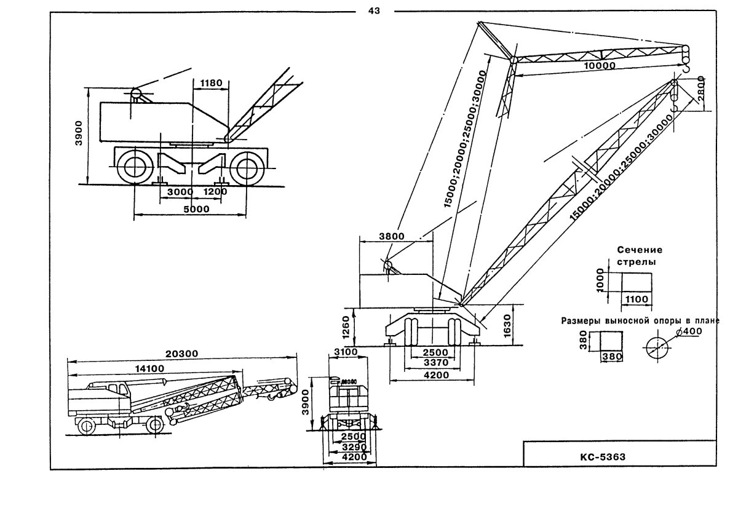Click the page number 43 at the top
coord(375,10)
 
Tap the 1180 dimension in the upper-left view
coord(209,82)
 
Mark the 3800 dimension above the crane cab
coord(376,236)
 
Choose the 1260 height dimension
coord(346,327)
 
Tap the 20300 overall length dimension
coord(183,354)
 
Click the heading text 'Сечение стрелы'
coord(640,256)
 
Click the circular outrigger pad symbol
coord(658,347)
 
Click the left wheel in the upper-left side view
coord(133,167)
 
